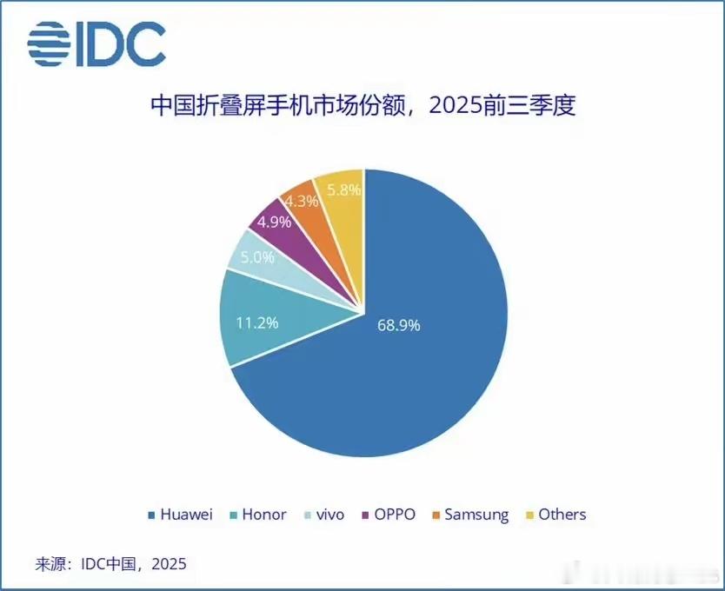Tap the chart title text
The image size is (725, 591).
coord(363,109)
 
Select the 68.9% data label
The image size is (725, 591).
coord(399,325)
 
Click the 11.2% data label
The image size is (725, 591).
coord(257,322)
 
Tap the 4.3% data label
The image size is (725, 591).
coord(302,200)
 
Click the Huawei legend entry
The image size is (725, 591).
coord(181,515)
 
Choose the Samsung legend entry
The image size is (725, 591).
coord(469,515)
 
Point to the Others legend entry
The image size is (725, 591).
coord(555,515)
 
